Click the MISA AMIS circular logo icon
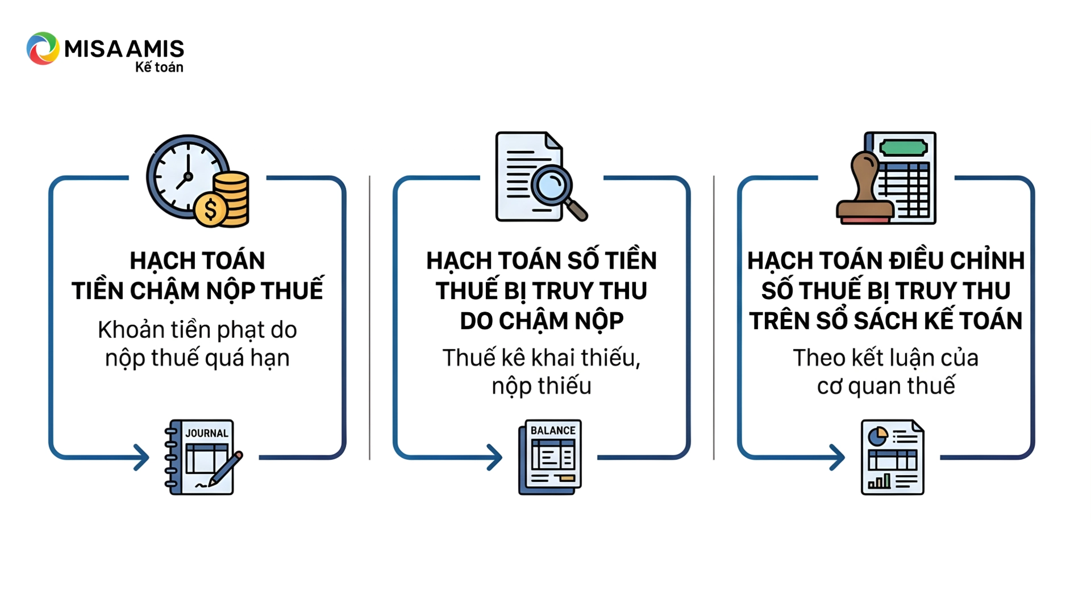[43, 48]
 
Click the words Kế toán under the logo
[159, 67]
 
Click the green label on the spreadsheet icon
[903, 148]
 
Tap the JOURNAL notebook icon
[202, 457]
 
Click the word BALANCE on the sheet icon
[553, 430]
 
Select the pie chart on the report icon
[878, 436]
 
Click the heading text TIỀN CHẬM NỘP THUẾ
[198, 291]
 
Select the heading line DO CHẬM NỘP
[542, 321]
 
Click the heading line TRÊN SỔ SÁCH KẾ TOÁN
[885, 321]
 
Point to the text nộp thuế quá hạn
[198, 358]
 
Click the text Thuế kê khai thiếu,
[542, 358]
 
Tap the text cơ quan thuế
[885, 386]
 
